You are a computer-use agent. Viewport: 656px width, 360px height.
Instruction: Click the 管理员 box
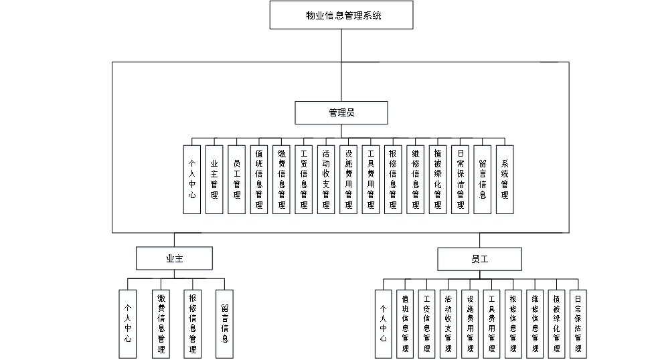tap(341, 114)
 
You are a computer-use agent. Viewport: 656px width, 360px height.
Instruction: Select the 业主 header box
tap(175, 260)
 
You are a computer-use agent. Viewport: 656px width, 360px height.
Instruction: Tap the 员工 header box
tap(480, 260)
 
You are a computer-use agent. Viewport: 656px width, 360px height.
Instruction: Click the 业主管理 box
tap(214, 181)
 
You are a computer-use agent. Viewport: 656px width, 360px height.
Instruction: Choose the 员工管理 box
tap(237, 181)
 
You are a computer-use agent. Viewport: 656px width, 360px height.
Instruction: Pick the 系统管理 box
tap(505, 181)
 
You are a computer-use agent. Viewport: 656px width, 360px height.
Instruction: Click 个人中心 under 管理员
tap(192, 181)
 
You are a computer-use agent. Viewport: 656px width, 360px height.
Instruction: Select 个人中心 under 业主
tap(128, 325)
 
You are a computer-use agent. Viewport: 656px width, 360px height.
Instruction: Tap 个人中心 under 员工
tap(384, 325)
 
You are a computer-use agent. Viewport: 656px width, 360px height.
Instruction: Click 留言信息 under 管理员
tap(483, 181)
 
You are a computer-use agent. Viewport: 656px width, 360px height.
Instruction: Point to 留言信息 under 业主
tap(225, 325)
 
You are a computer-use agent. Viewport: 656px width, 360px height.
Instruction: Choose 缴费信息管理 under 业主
tap(161, 325)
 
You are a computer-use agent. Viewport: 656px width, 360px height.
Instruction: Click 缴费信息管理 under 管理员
tap(281, 181)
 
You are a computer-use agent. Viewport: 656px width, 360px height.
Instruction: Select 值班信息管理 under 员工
tap(405, 325)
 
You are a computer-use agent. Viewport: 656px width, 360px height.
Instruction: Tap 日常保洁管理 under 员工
tap(578, 325)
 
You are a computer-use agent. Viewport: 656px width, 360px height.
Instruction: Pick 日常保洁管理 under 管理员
tap(461, 181)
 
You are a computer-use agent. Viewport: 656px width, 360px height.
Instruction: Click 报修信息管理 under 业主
tap(193, 325)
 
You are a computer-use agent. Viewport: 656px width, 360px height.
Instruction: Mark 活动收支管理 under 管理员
tap(326, 181)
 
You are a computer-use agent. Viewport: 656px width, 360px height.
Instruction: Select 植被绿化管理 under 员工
tap(557, 325)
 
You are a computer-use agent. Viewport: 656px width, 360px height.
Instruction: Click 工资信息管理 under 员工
tap(426, 325)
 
